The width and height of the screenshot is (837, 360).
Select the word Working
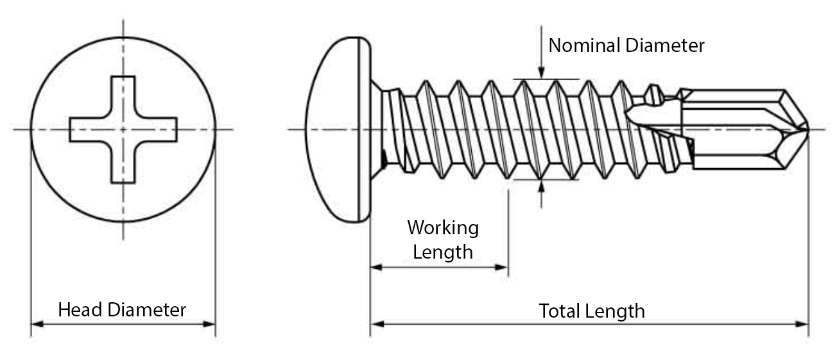(x=443, y=228)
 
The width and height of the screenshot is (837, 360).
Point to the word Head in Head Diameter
(x=80, y=310)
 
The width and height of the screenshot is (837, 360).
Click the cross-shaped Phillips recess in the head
(x=123, y=129)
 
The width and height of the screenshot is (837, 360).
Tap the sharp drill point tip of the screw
(x=806, y=130)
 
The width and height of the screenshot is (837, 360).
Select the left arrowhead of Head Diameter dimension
(x=37, y=324)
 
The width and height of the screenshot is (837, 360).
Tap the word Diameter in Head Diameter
(x=147, y=310)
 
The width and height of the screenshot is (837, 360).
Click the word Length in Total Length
(x=616, y=311)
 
